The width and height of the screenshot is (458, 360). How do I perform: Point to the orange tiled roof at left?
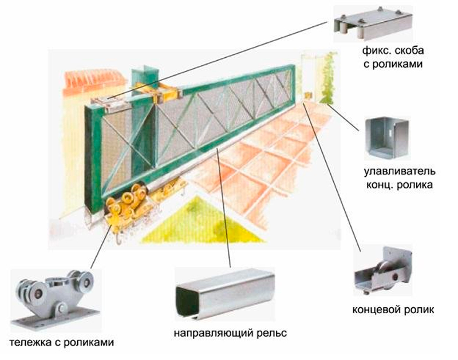click(94, 80)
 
